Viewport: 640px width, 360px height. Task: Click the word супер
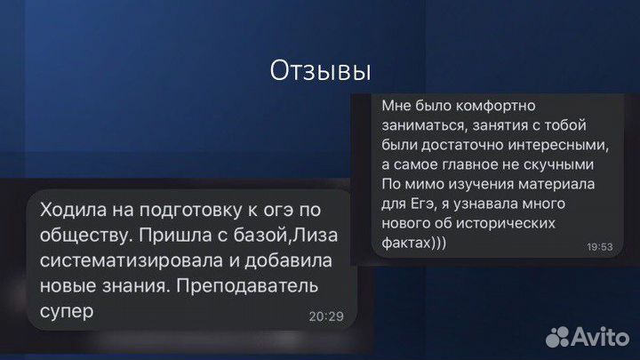tap(67, 314)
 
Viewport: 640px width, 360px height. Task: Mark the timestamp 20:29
tap(326, 315)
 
